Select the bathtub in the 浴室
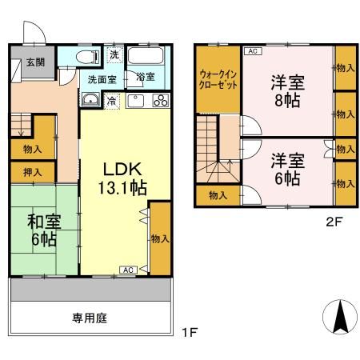tap(146, 58)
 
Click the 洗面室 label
tap(102, 79)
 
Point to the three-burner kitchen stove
tap(159, 101)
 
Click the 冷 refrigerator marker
tap(113, 101)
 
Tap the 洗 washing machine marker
tap(114, 54)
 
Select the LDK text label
tap(122, 169)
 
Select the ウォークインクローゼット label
tap(218, 81)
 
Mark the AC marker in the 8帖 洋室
tap(253, 51)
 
